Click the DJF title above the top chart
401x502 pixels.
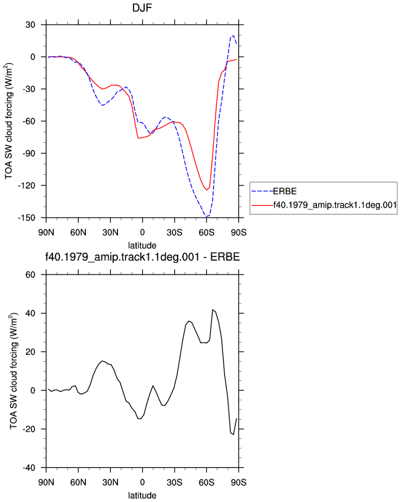coord(142,7)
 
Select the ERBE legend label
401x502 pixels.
coord(285,191)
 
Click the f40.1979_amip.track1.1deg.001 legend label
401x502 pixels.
coord(335,205)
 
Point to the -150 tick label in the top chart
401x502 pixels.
coord(26,218)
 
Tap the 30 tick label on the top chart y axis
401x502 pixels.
coord(30,25)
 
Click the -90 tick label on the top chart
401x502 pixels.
coord(29,153)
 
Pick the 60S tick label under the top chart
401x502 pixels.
coord(206,232)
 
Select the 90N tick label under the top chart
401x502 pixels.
coord(46,232)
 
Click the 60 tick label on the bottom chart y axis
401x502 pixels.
coord(30,274)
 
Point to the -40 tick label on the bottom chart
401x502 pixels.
coord(29,468)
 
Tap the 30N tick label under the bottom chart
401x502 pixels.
coord(111,482)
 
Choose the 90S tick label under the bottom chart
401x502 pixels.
coord(238,482)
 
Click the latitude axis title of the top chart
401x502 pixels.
coord(142,245)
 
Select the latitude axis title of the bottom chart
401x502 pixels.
coord(142,495)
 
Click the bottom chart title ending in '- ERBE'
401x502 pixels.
coord(142,257)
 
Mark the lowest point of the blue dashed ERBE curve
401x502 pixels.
coord(206,217)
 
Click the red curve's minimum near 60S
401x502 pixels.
coord(207,190)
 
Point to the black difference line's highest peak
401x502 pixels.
coord(213,310)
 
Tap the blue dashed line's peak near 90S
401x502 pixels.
coord(234,35)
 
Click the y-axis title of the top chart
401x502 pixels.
coord(9,121)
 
